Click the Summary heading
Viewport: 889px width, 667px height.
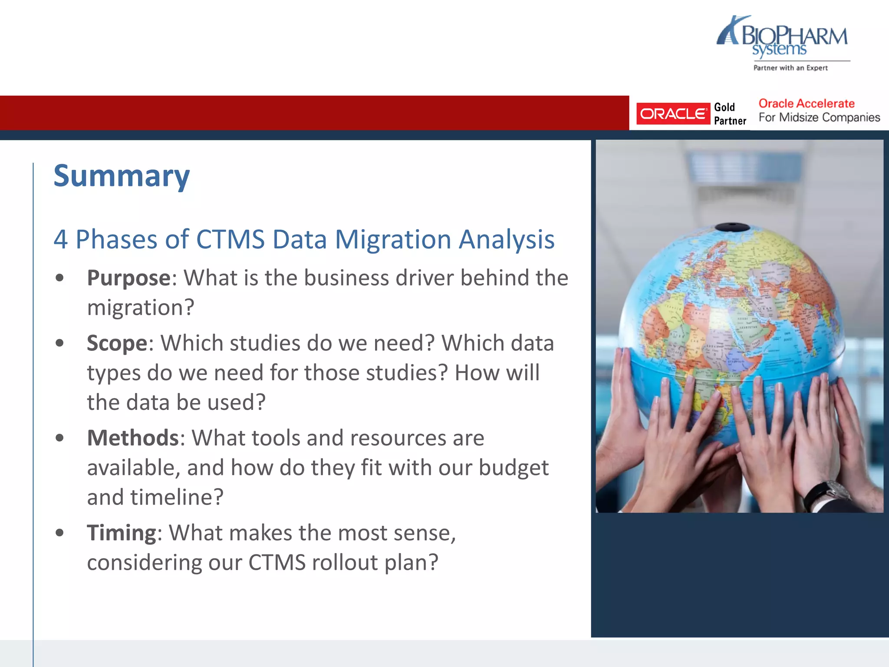122,176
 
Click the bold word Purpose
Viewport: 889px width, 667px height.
129,278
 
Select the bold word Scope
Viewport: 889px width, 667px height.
117,343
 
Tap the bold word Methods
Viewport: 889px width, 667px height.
133,438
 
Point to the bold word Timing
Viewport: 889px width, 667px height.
122,533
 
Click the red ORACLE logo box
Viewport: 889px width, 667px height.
673,114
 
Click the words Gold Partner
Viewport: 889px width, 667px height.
730,114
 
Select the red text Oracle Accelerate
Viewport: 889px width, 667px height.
806,103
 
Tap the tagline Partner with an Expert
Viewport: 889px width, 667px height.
790,68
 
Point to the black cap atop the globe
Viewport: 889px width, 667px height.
732,227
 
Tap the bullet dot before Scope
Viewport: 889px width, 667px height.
60,343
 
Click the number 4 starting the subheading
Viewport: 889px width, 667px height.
61,239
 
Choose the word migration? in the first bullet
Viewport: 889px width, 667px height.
141,308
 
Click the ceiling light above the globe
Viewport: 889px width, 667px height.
734,167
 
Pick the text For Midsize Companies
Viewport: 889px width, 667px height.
819,118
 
